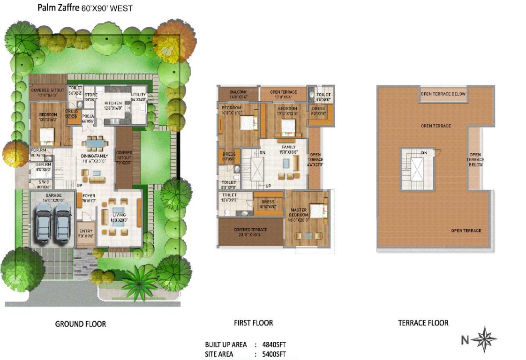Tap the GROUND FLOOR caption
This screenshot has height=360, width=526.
point(81,324)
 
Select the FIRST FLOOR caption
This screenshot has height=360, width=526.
point(253,323)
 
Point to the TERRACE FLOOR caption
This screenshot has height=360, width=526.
point(423,323)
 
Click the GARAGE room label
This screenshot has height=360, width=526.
point(53,195)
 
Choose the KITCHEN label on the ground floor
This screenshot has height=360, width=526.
point(113,103)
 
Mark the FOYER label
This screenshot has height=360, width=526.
point(89,196)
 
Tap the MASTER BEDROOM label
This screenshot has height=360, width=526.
point(298,212)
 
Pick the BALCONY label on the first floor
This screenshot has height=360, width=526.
point(238,92)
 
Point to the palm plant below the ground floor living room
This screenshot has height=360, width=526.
point(139,282)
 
